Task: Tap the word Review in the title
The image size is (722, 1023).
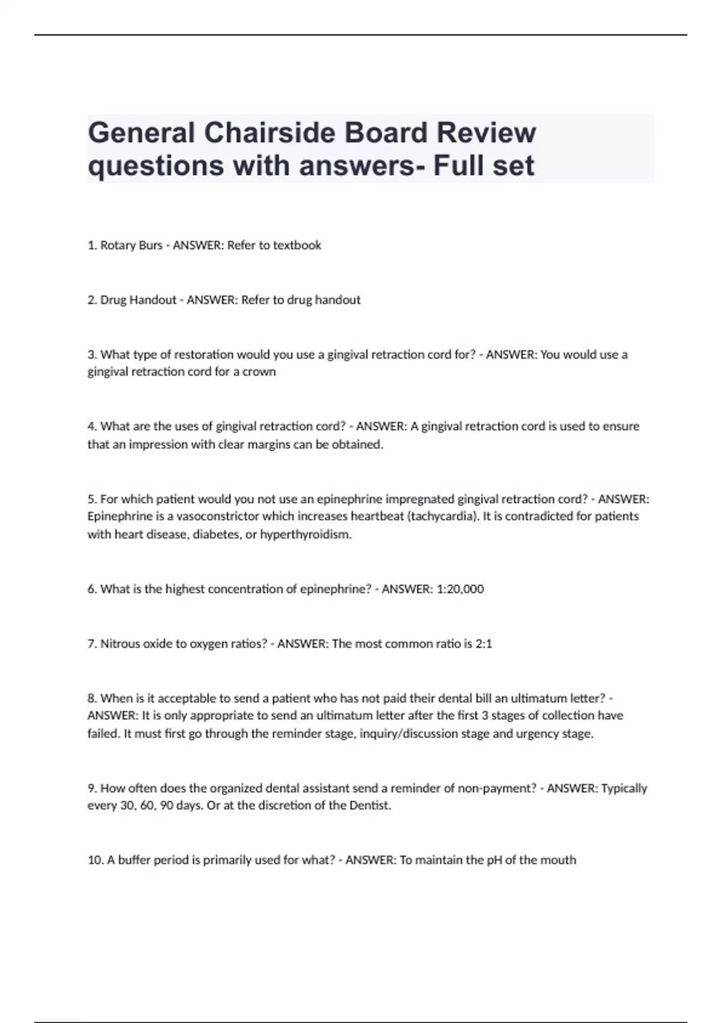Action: click(x=486, y=133)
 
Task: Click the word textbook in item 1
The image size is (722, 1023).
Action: click(x=297, y=246)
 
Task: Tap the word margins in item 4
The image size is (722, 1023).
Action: click(x=273, y=445)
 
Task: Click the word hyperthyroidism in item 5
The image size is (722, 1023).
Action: click(x=305, y=534)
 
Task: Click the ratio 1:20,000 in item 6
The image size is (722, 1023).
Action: click(x=460, y=589)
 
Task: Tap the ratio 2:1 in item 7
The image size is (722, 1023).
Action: click(x=484, y=644)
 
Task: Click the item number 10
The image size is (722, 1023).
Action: click(x=95, y=860)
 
